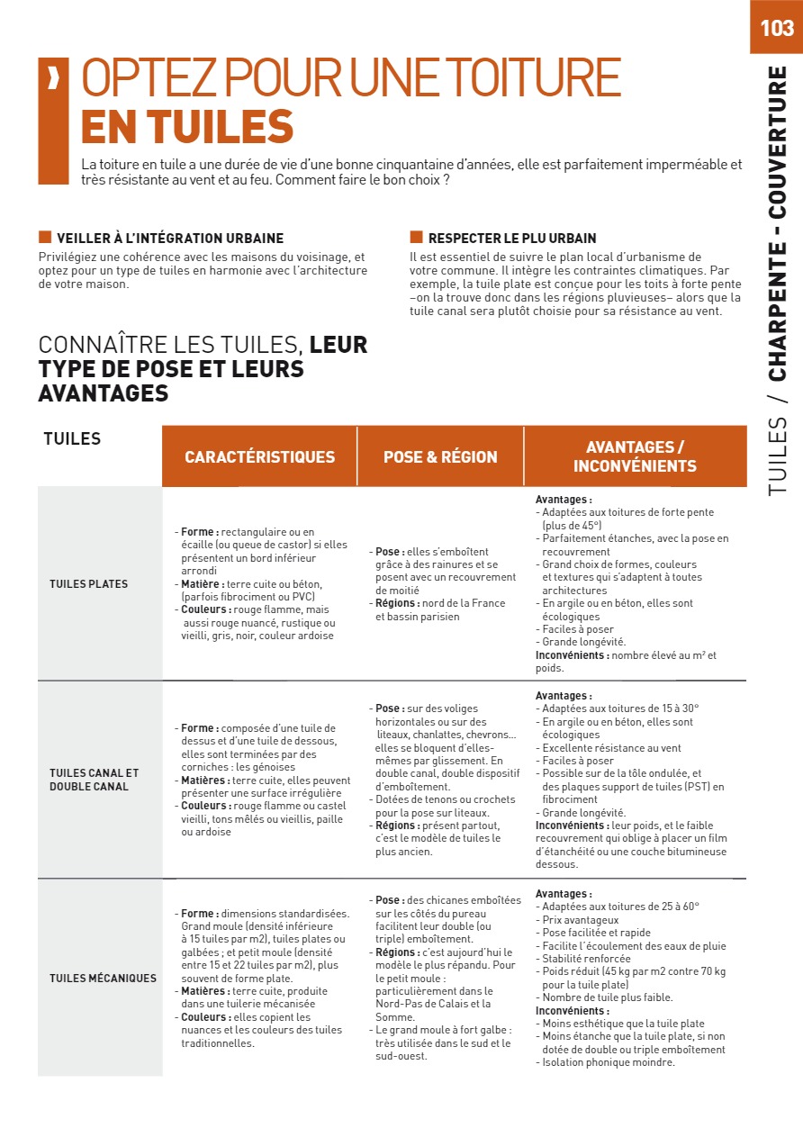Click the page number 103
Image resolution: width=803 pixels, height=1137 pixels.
[776, 28]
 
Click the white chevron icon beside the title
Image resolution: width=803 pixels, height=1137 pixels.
[53, 79]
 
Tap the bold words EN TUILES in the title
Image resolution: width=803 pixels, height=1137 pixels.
[187, 127]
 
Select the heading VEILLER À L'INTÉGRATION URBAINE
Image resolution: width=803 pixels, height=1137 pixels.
[170, 239]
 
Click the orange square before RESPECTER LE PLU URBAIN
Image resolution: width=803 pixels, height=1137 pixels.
[416, 238]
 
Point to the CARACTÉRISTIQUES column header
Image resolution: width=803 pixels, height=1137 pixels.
[259, 456]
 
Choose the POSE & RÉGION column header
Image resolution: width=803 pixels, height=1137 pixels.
[440, 456]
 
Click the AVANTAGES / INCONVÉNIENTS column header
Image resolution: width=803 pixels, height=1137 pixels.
[635, 456]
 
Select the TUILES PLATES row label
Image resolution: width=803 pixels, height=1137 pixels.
[88, 584]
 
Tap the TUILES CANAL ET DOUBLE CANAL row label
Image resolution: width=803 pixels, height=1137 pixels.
[95, 780]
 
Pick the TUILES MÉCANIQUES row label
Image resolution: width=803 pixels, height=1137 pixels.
[103, 979]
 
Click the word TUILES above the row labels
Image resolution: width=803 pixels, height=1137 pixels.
[72, 439]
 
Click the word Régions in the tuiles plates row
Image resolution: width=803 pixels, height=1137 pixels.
[397, 603]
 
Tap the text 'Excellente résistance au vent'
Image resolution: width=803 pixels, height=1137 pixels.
[611, 748]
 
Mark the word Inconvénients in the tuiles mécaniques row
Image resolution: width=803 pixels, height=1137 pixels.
[573, 1011]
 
